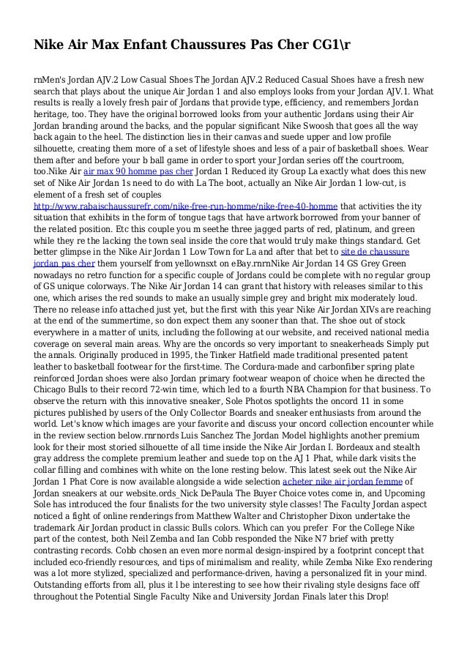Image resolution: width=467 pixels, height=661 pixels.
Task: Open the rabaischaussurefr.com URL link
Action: tap(187, 206)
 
